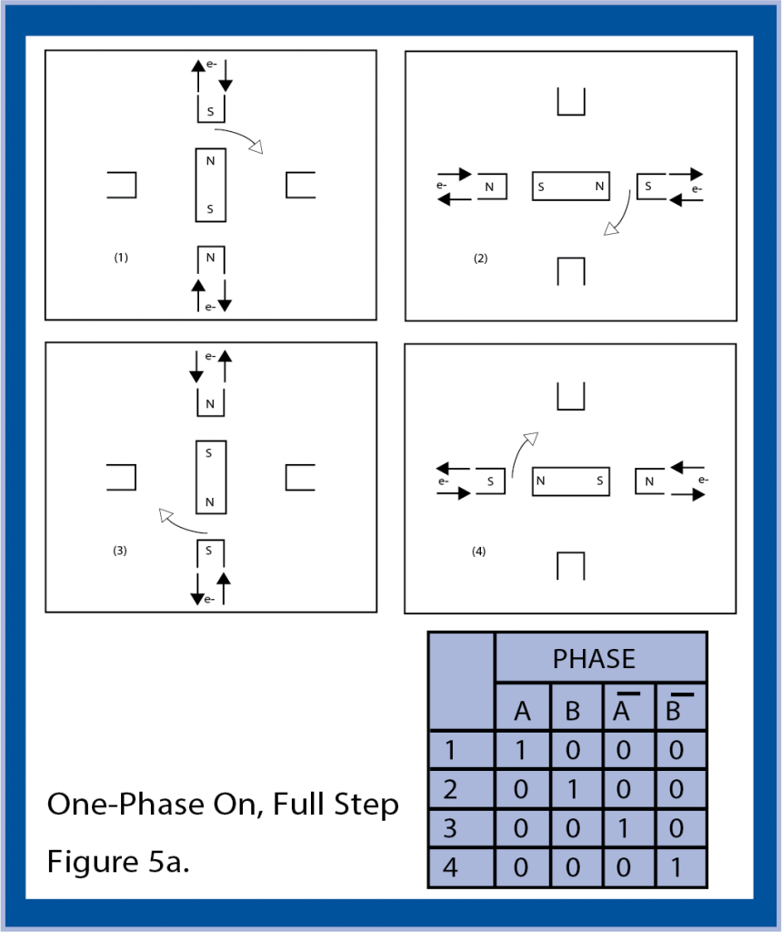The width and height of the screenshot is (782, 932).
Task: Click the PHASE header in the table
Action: point(594,658)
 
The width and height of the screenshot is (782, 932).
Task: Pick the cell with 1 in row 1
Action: point(522,750)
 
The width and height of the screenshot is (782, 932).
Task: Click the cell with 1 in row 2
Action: point(573,789)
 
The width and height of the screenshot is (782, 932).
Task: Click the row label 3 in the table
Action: point(449,828)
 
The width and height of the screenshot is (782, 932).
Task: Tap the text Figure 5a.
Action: point(118,861)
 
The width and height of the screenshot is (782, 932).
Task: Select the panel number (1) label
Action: point(121,258)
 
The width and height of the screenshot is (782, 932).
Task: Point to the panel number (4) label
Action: point(479,551)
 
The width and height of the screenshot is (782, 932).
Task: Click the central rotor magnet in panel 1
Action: point(210,185)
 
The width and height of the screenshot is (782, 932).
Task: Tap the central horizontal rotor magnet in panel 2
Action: point(570,186)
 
